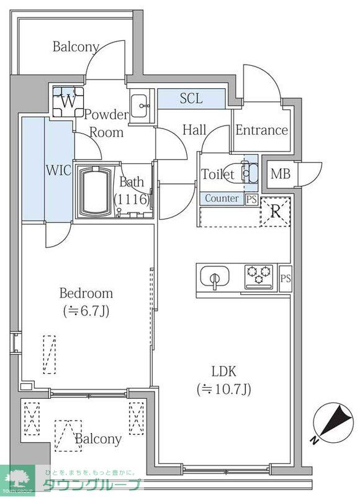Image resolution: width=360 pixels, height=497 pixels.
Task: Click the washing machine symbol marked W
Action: pyautogui.click(x=68, y=102)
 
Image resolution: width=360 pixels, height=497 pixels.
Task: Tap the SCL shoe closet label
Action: pyautogui.click(x=191, y=99)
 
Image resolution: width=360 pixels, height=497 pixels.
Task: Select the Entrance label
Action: pyautogui.click(x=261, y=130)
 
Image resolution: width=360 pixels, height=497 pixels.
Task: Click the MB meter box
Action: pyautogui.click(x=279, y=173)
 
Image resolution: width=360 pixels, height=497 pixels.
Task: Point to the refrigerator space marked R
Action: pyautogui.click(x=275, y=211)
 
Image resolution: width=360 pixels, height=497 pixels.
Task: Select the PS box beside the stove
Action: pyautogui.click(x=285, y=278)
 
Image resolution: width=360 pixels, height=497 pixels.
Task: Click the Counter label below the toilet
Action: pyautogui.click(x=222, y=199)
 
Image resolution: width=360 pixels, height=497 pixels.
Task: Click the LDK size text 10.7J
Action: pyautogui.click(x=224, y=390)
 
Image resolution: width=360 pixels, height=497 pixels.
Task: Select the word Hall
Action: pyautogui.click(x=194, y=130)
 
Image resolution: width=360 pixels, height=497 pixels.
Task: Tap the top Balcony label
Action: pyautogui.click(x=75, y=47)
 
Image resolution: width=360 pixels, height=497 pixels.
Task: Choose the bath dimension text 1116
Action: pyautogui.click(x=132, y=199)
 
